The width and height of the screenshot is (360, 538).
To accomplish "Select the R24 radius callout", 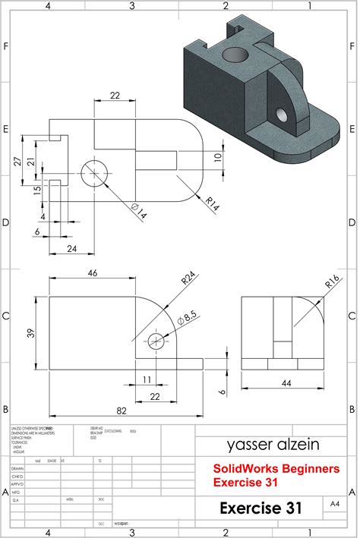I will coord(185,279).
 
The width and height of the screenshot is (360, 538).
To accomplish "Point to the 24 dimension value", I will coord(71,248).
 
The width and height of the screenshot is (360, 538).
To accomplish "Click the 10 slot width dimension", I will coord(218,157).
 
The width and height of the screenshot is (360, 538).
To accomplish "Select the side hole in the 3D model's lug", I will coord(282,115).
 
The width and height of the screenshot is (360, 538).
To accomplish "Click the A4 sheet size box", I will coord(335,503).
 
